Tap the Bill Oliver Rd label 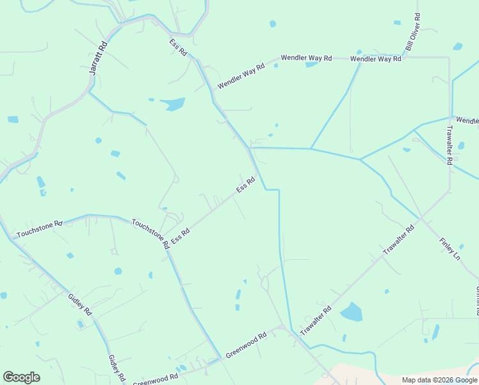pyautogui.click(x=412, y=33)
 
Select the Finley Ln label pyautogui.click(x=450, y=248)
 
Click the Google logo pyautogui.click(x=21, y=377)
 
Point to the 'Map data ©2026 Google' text pyautogui.click(x=439, y=380)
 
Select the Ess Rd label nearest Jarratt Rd pyautogui.click(x=178, y=47)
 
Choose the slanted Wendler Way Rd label pyautogui.click(x=241, y=76)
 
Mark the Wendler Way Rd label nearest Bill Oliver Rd pyautogui.click(x=376, y=59)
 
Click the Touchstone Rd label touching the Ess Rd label pyautogui.click(x=150, y=234)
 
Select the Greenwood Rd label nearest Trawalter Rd pyautogui.click(x=246, y=345)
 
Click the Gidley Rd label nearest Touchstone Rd pyautogui.click(x=81, y=304)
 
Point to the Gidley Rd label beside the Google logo pyautogui.click(x=116, y=367)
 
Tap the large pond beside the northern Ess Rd pyautogui.click(x=172, y=104)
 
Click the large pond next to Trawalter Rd pyautogui.click(x=352, y=312)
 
